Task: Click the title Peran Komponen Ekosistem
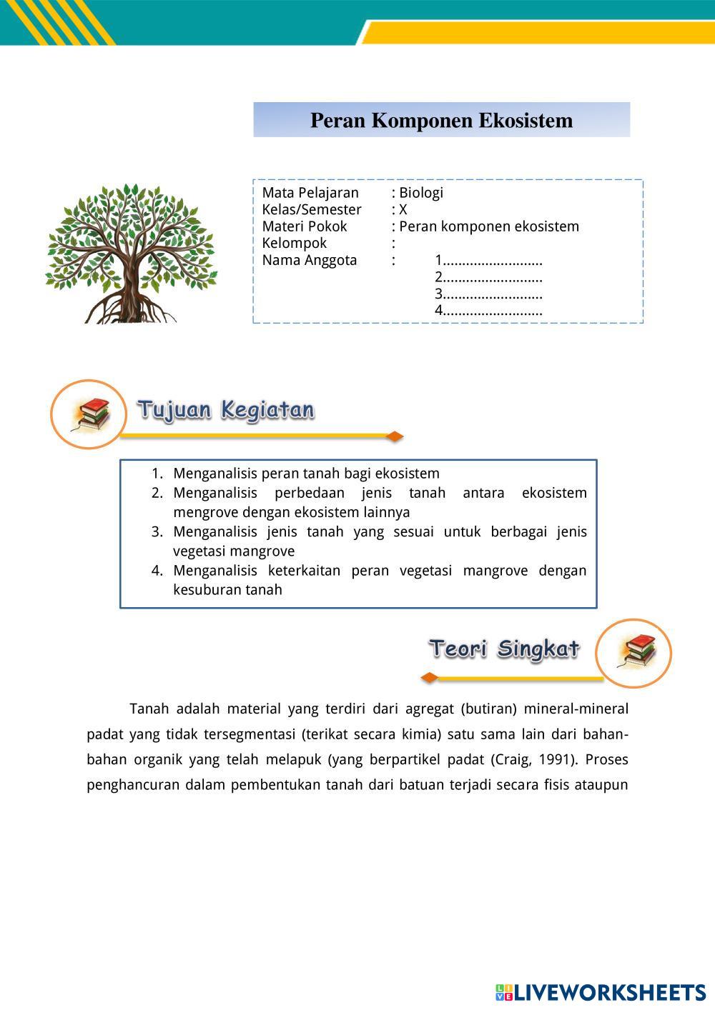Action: coord(441,120)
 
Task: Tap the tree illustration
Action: coord(131,252)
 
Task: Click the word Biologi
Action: coord(421,192)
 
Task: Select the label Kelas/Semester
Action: coord(312,209)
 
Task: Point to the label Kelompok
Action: coord(294,243)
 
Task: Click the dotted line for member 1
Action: coord(492,261)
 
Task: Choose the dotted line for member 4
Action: coord(492,311)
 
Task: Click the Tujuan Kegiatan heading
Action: coord(225,410)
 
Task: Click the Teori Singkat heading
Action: coord(504,649)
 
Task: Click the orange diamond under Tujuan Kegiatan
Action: coord(394,436)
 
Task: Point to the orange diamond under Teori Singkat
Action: coord(429,677)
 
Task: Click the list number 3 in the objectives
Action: coord(157,531)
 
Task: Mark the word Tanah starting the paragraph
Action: coord(149,709)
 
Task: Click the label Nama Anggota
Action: coord(309,260)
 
